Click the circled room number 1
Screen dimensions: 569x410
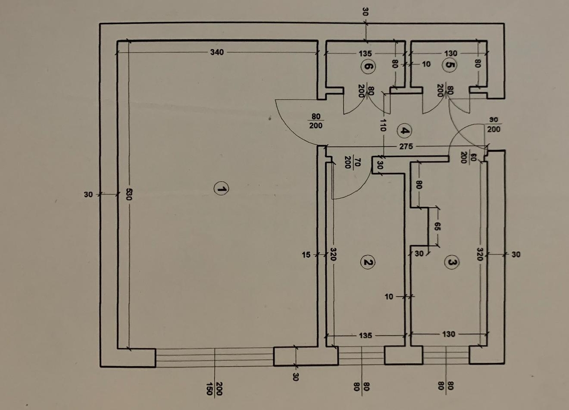tap(221, 189)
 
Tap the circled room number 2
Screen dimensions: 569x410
tap(367, 262)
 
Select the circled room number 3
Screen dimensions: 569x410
tap(451, 262)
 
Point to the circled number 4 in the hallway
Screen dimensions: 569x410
tap(404, 131)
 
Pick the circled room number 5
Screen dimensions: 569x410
tap(450, 64)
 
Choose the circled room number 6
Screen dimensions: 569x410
tap(367, 66)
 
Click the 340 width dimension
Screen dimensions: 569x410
tap(217, 52)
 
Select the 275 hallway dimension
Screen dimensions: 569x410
tap(406, 146)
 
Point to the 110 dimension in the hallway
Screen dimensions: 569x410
tap(383, 125)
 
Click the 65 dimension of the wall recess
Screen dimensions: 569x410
tap(436, 227)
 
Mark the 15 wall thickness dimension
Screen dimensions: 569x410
tap(306, 255)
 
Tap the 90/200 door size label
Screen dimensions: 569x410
tap(494, 125)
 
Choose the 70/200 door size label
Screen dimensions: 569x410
tap(351, 163)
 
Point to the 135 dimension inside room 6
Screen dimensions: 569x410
tap(365, 54)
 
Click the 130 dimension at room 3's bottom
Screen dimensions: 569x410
tap(449, 334)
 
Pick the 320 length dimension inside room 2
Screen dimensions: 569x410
tap(333, 255)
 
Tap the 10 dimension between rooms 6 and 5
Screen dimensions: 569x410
tap(426, 64)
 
